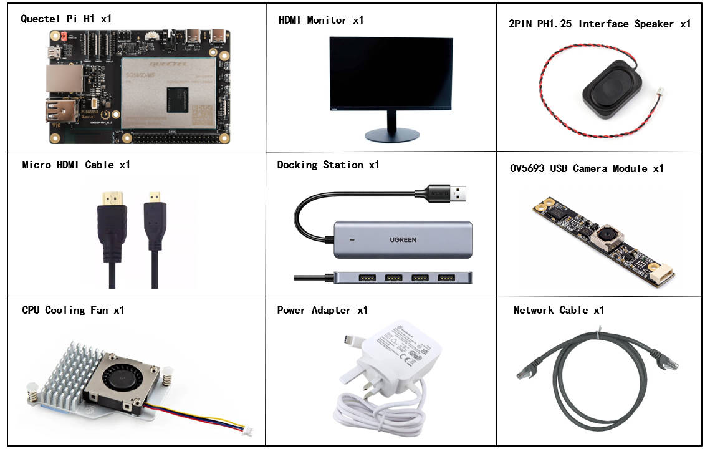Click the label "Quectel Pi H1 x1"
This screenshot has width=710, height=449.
pos(66,19)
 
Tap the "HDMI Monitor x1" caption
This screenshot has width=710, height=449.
pos(320,21)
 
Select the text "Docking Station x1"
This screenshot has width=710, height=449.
pos(328,165)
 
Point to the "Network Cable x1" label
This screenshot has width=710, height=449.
pos(559,310)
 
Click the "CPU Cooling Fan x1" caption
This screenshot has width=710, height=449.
pos(73,310)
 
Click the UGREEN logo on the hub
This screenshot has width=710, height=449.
pos(404,240)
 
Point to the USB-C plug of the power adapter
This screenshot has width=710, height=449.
pos(350,341)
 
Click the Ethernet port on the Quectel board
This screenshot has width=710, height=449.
pos(60,78)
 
